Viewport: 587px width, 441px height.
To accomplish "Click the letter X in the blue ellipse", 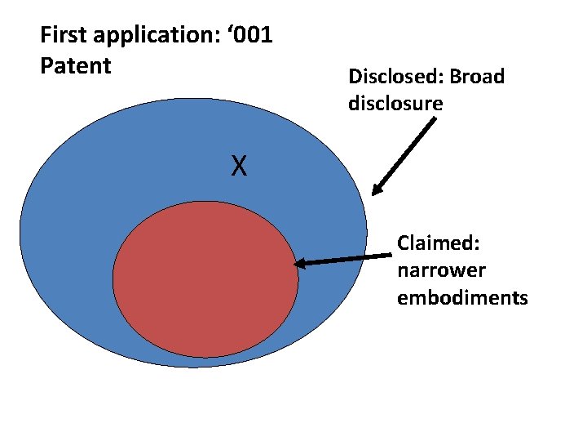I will pyautogui.click(x=238, y=167).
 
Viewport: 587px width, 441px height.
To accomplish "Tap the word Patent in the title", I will pyautogui.click(x=75, y=65).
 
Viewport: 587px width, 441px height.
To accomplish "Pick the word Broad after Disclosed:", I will pyautogui.click(x=477, y=77).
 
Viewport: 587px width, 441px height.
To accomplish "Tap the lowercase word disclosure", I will pyautogui.click(x=395, y=104).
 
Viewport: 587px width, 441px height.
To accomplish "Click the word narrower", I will pyautogui.click(x=441, y=270).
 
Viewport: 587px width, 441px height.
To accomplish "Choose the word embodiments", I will pyautogui.click(x=462, y=297).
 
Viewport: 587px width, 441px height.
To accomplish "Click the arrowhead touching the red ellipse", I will pyautogui.click(x=300, y=264).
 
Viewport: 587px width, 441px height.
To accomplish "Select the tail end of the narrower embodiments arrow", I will pyautogui.click(x=390, y=256).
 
